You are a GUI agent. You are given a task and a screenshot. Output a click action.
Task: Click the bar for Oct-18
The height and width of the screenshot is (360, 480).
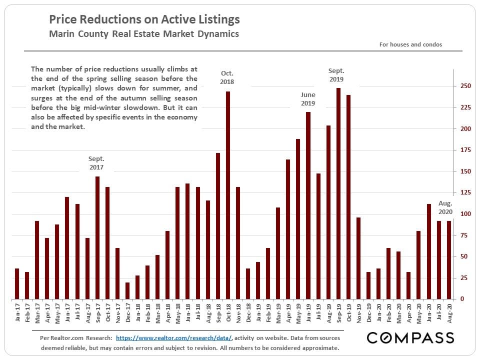click(228, 195)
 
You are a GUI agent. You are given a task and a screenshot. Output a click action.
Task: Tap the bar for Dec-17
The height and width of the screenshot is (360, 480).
click(127, 290)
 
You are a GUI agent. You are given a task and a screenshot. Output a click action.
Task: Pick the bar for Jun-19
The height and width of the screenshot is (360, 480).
click(308, 205)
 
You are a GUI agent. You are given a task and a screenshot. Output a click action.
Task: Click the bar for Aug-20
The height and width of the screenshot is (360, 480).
click(448, 260)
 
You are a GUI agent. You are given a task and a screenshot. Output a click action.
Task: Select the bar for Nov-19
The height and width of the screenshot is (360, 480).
click(358, 258)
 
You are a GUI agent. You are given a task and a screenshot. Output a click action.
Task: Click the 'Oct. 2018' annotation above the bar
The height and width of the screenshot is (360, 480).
click(227, 77)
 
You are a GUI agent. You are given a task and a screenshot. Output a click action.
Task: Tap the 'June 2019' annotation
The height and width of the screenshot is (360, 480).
click(308, 98)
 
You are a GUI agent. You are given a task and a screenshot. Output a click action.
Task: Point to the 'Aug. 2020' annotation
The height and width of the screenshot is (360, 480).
click(445, 207)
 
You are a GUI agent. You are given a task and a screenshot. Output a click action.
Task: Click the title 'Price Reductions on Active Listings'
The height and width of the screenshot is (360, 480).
click(144, 20)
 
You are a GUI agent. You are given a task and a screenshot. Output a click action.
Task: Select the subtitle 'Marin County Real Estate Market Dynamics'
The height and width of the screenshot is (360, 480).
click(144, 34)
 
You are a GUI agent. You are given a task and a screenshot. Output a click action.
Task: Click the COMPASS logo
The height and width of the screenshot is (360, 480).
click(410, 338)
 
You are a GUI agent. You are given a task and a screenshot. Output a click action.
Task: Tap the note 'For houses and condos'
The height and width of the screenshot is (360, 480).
click(410, 44)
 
